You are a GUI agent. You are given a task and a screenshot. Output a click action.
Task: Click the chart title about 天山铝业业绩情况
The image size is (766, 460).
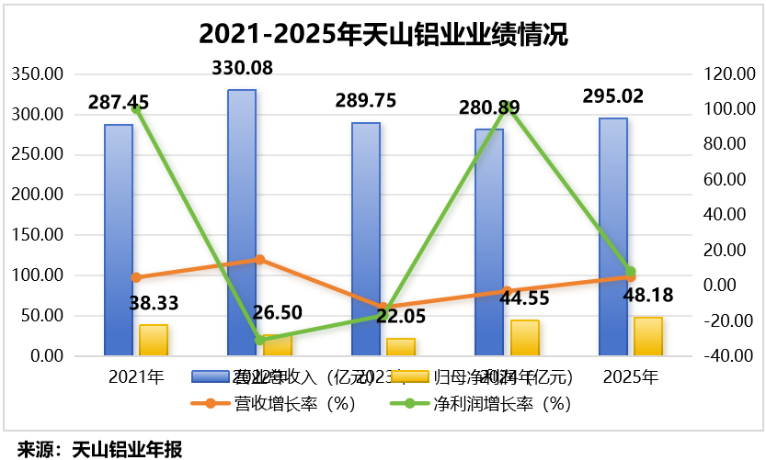coord(383,35)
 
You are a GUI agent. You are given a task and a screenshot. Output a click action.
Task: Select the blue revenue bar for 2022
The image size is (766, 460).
coord(242,220)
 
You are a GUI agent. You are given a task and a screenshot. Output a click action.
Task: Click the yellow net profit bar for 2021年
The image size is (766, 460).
coord(154,340)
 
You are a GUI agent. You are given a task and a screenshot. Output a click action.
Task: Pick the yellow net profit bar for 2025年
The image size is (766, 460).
coord(648,336)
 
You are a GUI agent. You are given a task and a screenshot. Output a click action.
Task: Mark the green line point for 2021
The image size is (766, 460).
coord(136,109)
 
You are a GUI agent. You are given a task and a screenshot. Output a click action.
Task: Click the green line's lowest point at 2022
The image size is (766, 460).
coord(259,340)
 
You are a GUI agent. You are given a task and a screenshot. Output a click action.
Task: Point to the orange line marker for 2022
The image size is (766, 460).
coord(259,260)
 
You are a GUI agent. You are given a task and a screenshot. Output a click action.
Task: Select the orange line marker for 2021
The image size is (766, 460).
coord(136,277)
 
